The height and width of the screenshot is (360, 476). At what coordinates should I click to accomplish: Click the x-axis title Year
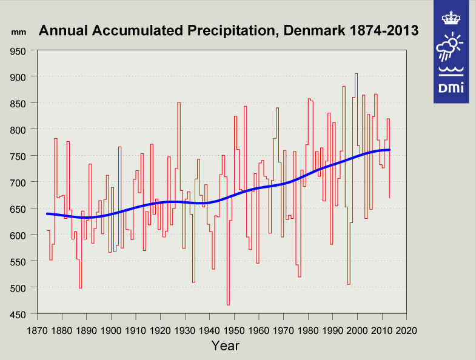[225, 346]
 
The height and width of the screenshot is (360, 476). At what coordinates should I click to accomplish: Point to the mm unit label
[19, 30]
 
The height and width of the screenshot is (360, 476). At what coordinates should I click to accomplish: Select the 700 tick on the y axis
[23, 182]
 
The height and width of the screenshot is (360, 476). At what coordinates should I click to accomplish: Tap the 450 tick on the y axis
[23, 314]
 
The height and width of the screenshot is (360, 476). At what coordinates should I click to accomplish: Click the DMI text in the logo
[451, 88]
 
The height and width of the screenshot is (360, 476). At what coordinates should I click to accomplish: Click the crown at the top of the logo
[451, 18]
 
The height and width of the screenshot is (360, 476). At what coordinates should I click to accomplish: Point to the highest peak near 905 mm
[356, 73]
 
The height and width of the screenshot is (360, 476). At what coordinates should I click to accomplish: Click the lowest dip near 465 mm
[228, 305]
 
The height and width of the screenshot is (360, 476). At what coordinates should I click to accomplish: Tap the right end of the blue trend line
[389, 150]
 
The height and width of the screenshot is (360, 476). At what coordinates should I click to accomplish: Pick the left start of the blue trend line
[47, 213]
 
